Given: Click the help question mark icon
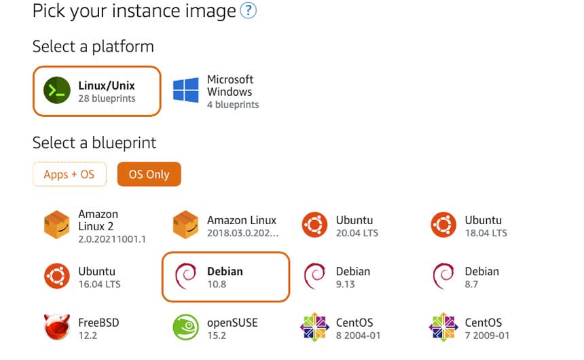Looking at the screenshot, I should click(x=249, y=11).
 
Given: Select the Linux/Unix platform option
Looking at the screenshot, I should click(x=96, y=91).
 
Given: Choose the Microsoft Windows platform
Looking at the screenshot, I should click(x=216, y=92).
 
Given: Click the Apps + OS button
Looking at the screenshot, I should click(x=69, y=175).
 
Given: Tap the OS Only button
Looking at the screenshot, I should click(x=149, y=175).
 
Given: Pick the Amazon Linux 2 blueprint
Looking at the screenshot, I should click(x=95, y=226).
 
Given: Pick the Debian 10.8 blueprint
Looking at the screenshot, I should click(x=225, y=276).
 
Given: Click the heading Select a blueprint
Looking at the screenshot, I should click(x=94, y=143).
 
